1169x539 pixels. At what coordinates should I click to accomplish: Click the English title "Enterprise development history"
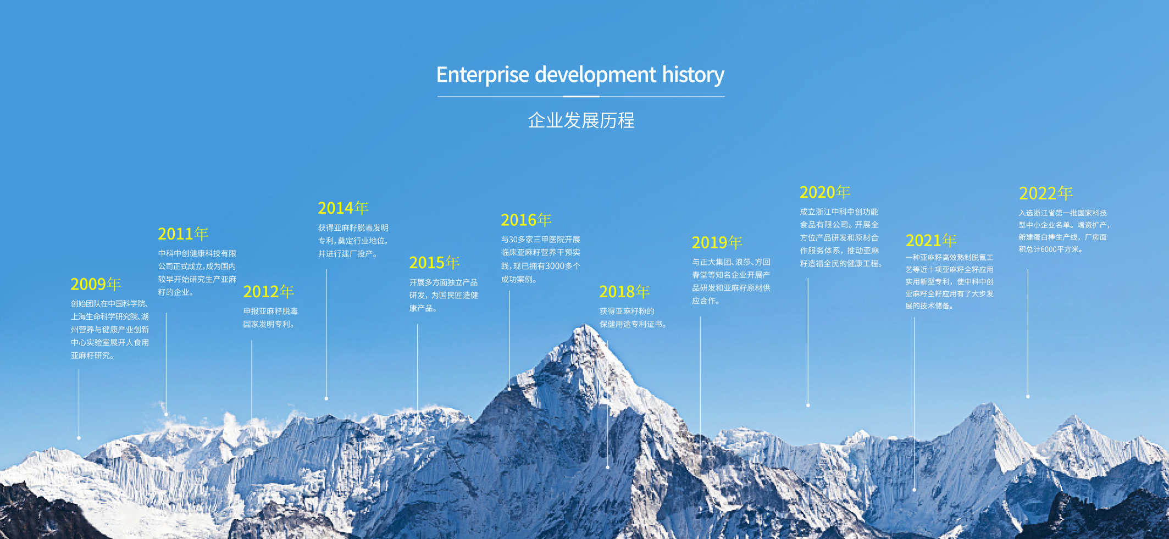pos(580,75)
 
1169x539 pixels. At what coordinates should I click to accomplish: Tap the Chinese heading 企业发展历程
pos(581,120)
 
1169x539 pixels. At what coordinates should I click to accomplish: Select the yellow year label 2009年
pos(96,284)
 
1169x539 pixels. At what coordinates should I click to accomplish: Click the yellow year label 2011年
pos(183,234)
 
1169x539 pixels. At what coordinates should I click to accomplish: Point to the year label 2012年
pos(268,292)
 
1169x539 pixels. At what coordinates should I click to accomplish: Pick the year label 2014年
pos(343,208)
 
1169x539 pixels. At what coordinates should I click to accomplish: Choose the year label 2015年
pos(434,263)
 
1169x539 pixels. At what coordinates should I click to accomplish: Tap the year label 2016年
pos(526,220)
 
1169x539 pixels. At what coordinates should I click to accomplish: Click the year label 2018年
pos(624,292)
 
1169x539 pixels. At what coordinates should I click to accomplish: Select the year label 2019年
pos(717,242)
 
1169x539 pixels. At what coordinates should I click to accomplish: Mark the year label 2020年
pos(825,192)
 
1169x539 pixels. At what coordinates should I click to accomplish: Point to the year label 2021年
pos(931,241)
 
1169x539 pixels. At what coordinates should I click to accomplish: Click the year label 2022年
pos(1046,193)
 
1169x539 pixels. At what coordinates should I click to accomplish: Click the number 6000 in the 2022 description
pos(1048,249)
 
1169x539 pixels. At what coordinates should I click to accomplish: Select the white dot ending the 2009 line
pos(79,438)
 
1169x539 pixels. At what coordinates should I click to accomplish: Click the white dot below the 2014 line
pos(326,398)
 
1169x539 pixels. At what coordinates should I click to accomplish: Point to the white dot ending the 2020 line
pos(808,405)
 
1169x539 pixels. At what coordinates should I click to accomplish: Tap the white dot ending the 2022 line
pos(1028,396)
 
